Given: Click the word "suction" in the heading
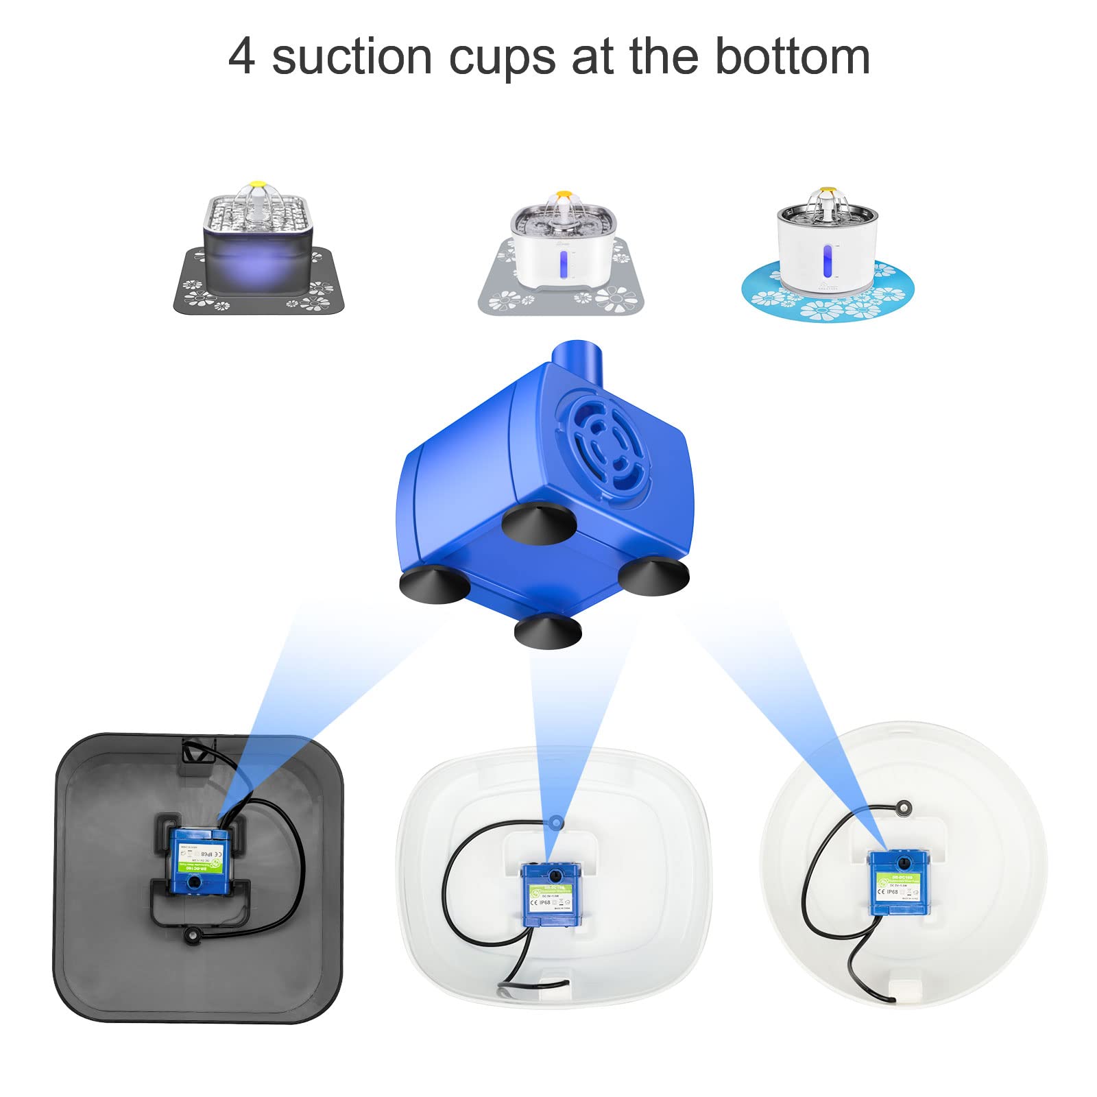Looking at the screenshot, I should pyautogui.click(x=352, y=58).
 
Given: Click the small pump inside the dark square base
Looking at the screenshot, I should pyautogui.click(x=200, y=861).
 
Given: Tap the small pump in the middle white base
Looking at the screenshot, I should pyautogui.click(x=551, y=894).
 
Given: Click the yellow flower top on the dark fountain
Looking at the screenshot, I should pyautogui.click(x=258, y=184).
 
